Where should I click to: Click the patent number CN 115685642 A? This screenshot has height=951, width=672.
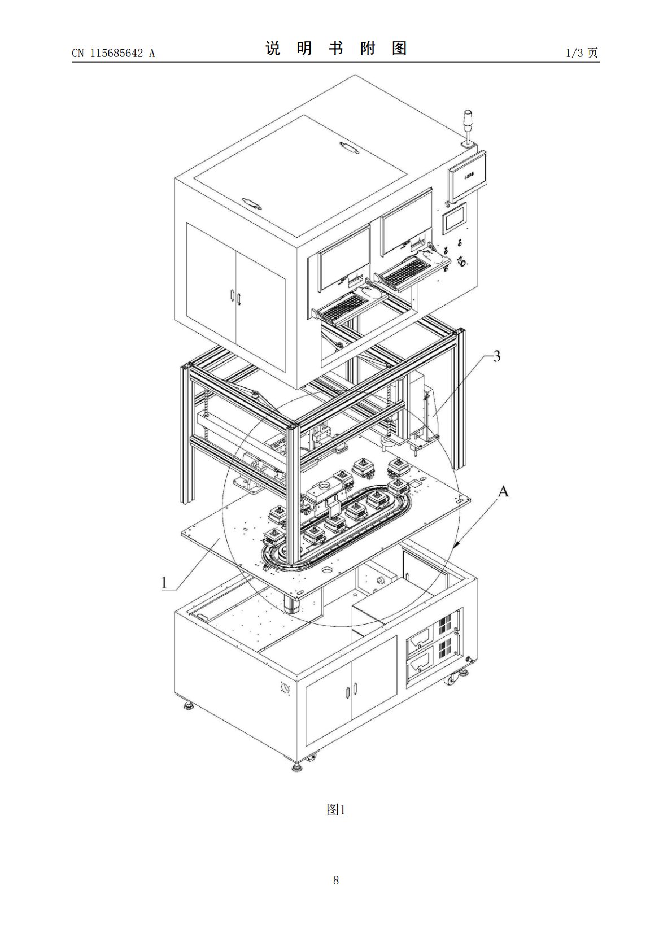coord(114,53)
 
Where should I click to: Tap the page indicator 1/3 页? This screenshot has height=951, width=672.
coord(582,53)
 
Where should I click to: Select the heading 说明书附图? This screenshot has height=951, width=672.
coord(336,49)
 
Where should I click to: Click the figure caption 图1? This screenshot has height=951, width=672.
coord(336,810)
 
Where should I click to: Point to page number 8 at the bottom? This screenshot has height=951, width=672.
coord(336,880)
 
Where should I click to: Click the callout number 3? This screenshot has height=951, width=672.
coord(496,356)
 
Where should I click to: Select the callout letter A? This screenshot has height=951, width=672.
coord(503,492)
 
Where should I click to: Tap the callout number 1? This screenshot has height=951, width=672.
coord(165,583)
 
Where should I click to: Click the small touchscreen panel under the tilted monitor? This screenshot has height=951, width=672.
coord(454,218)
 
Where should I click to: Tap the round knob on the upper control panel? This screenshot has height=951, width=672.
coord(461,262)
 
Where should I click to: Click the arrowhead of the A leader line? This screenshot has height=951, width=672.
coord(455,544)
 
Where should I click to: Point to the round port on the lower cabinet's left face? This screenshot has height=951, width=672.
coord(285,687)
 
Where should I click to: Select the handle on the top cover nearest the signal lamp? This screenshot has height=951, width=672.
coord(349,148)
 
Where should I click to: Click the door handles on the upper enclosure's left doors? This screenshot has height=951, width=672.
coord(235,296)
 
